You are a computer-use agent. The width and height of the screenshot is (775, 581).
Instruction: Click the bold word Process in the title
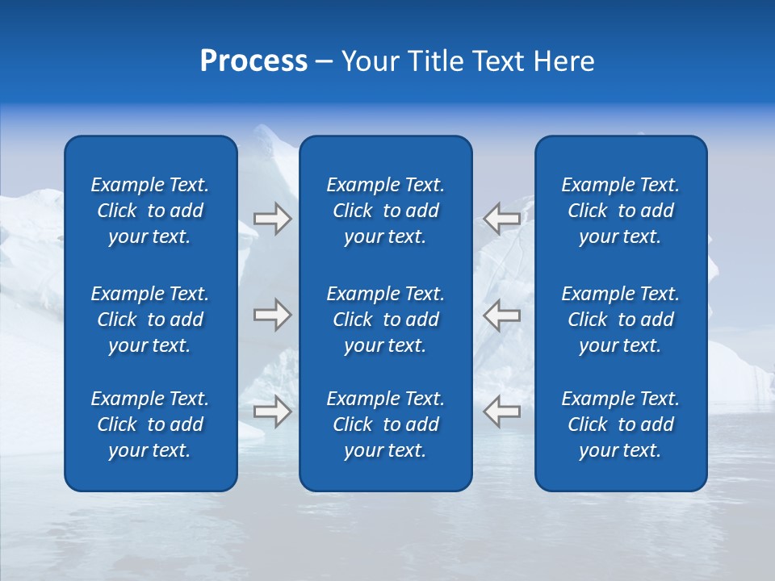click(x=253, y=61)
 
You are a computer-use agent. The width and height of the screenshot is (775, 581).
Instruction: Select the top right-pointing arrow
click(x=272, y=219)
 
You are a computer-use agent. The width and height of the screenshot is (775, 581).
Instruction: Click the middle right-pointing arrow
click(x=272, y=315)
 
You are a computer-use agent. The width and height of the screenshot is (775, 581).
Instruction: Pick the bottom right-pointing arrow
click(x=272, y=411)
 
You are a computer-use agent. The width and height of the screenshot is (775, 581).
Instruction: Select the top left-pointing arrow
click(x=502, y=219)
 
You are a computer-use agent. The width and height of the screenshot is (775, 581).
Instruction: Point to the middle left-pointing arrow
click(x=502, y=315)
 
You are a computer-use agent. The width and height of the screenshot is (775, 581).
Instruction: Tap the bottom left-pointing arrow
click(x=502, y=411)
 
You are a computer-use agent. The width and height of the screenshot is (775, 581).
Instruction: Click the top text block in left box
click(x=150, y=211)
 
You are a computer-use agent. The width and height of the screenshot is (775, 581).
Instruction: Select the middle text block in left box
click(x=150, y=320)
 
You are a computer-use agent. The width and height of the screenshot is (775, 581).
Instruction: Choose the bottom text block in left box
click(x=150, y=424)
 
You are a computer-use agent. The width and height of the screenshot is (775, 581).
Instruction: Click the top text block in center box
click(x=385, y=211)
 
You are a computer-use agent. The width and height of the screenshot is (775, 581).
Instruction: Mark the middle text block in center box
click(x=385, y=320)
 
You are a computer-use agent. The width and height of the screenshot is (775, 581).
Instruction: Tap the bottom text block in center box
click(x=385, y=424)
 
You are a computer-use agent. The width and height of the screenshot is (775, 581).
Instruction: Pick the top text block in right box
click(x=620, y=211)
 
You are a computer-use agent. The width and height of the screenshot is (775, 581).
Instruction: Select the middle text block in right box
click(x=620, y=320)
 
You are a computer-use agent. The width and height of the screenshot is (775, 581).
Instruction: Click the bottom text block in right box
click(x=620, y=424)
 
